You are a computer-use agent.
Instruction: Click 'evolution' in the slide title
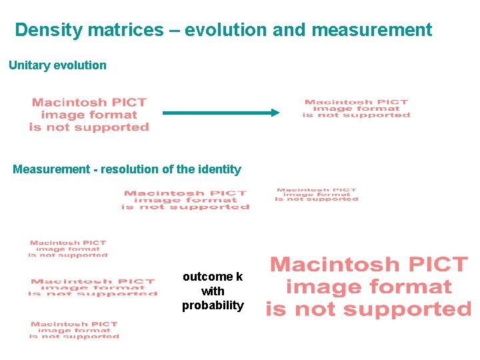click(223, 31)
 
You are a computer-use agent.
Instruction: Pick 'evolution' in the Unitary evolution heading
click(81, 65)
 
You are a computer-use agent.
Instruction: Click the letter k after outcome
click(239, 277)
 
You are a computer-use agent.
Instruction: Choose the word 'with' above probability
click(213, 291)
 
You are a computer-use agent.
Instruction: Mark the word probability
click(213, 306)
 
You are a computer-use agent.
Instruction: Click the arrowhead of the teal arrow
click(274, 113)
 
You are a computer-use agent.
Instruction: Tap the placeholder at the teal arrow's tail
click(89, 115)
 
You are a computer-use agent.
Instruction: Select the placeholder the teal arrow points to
click(356, 109)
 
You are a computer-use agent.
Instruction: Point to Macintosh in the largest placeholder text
click(333, 265)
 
